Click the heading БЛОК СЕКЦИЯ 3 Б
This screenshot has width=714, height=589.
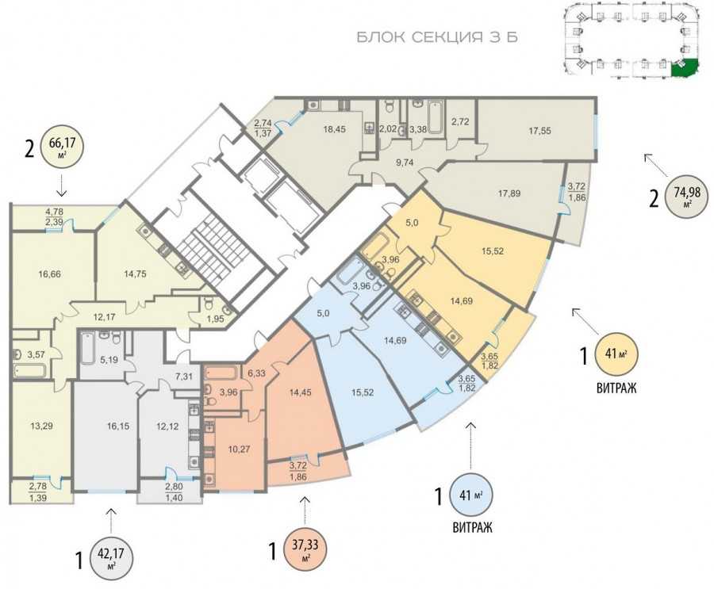click(436, 37)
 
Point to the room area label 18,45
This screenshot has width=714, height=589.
click(334, 129)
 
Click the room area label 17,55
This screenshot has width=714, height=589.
click(539, 131)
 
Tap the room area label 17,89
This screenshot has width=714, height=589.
click(509, 193)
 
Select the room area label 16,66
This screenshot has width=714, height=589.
click(50, 274)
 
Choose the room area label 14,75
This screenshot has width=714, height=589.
click(135, 274)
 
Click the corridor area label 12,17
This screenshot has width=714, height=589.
click(105, 317)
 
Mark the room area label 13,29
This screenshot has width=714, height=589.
click(41, 426)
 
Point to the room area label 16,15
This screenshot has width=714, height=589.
click(118, 426)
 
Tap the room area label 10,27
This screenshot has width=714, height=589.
click(239, 449)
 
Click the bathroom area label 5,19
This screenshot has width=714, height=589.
click(109, 360)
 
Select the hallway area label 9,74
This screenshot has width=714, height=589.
click(405, 161)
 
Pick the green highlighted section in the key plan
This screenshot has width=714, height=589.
click(685, 68)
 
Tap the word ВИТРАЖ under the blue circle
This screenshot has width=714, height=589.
click(472, 528)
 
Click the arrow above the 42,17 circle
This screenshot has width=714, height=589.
click(111, 520)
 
